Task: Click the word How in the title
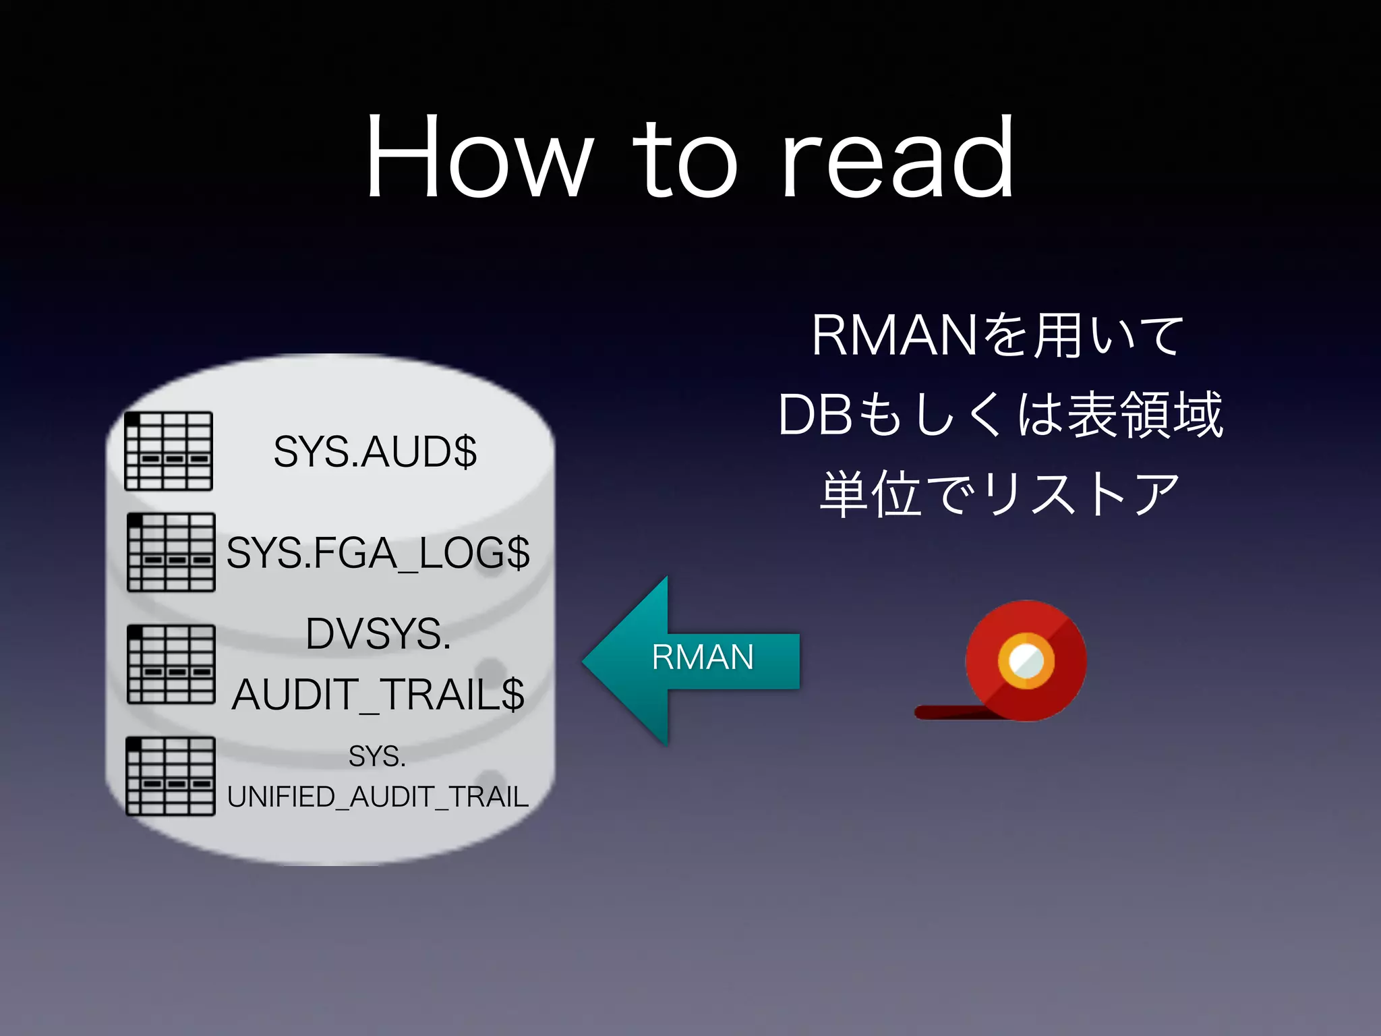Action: [479, 159]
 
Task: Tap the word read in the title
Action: [898, 159]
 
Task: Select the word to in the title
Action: [684, 162]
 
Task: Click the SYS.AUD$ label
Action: [375, 452]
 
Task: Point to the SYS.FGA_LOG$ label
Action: [378, 553]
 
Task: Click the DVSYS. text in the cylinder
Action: [378, 634]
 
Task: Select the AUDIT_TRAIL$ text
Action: [378, 695]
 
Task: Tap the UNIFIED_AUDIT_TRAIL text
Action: [378, 797]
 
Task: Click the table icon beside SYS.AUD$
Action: [169, 451]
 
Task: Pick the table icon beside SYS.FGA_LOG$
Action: [171, 552]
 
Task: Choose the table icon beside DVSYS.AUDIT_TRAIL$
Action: [171, 664]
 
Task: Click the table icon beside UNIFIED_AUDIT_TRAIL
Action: [171, 776]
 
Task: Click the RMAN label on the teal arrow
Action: [703, 658]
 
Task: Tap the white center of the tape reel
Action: [1026, 659]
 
